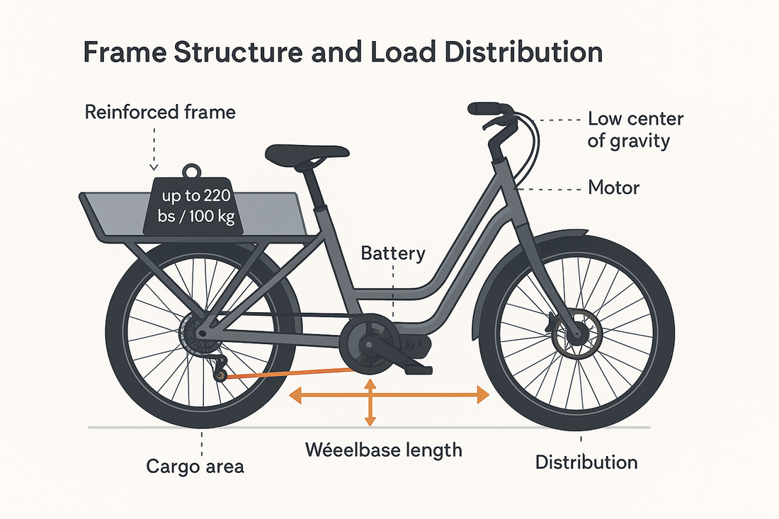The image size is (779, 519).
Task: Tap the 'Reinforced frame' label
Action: [160, 112]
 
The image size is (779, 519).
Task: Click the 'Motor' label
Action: [613, 188]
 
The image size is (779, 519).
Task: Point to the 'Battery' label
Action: [393, 253]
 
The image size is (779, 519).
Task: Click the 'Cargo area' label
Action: [195, 466]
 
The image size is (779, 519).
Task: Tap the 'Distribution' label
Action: [586, 462]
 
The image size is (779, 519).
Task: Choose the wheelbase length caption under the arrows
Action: [383, 449]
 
